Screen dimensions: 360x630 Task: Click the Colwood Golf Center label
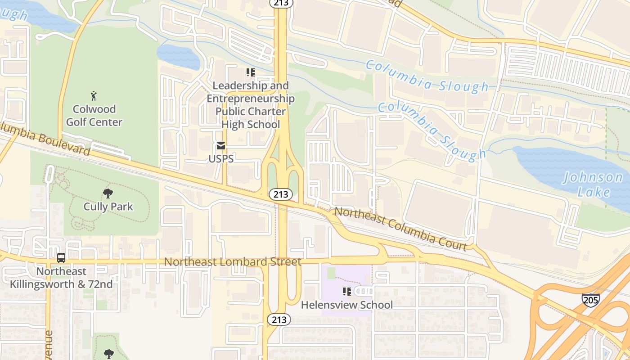click(94, 116)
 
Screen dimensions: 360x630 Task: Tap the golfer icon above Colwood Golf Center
click(94, 96)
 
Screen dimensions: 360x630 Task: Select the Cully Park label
click(108, 207)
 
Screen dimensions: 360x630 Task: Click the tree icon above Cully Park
click(108, 193)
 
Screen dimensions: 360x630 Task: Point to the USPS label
click(221, 159)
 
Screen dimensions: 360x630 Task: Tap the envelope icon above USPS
click(221, 146)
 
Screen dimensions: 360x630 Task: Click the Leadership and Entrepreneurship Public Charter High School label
click(251, 105)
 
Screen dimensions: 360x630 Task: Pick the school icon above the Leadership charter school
click(251, 72)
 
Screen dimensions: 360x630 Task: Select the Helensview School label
click(346, 305)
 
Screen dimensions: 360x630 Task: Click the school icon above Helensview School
click(346, 292)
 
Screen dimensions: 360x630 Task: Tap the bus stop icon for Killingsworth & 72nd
click(61, 258)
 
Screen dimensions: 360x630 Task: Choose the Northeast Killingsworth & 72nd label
click(61, 278)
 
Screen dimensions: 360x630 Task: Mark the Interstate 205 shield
click(590, 300)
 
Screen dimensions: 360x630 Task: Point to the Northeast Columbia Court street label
click(400, 229)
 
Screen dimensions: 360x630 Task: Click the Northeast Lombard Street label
click(233, 261)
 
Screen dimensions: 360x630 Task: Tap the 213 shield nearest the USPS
click(281, 194)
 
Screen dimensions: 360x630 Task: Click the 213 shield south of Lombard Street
click(279, 319)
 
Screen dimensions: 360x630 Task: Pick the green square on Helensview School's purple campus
click(332, 273)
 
